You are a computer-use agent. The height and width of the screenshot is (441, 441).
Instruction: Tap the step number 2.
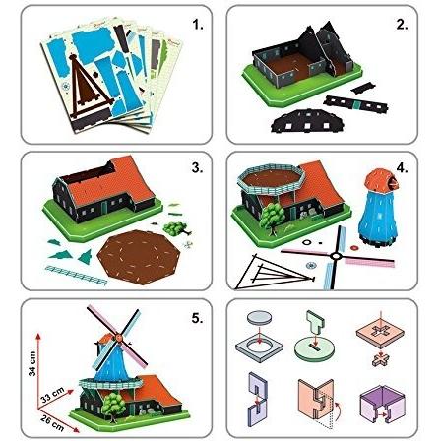[x=401, y=21]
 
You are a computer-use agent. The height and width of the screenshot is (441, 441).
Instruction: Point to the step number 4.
[x=401, y=166]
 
